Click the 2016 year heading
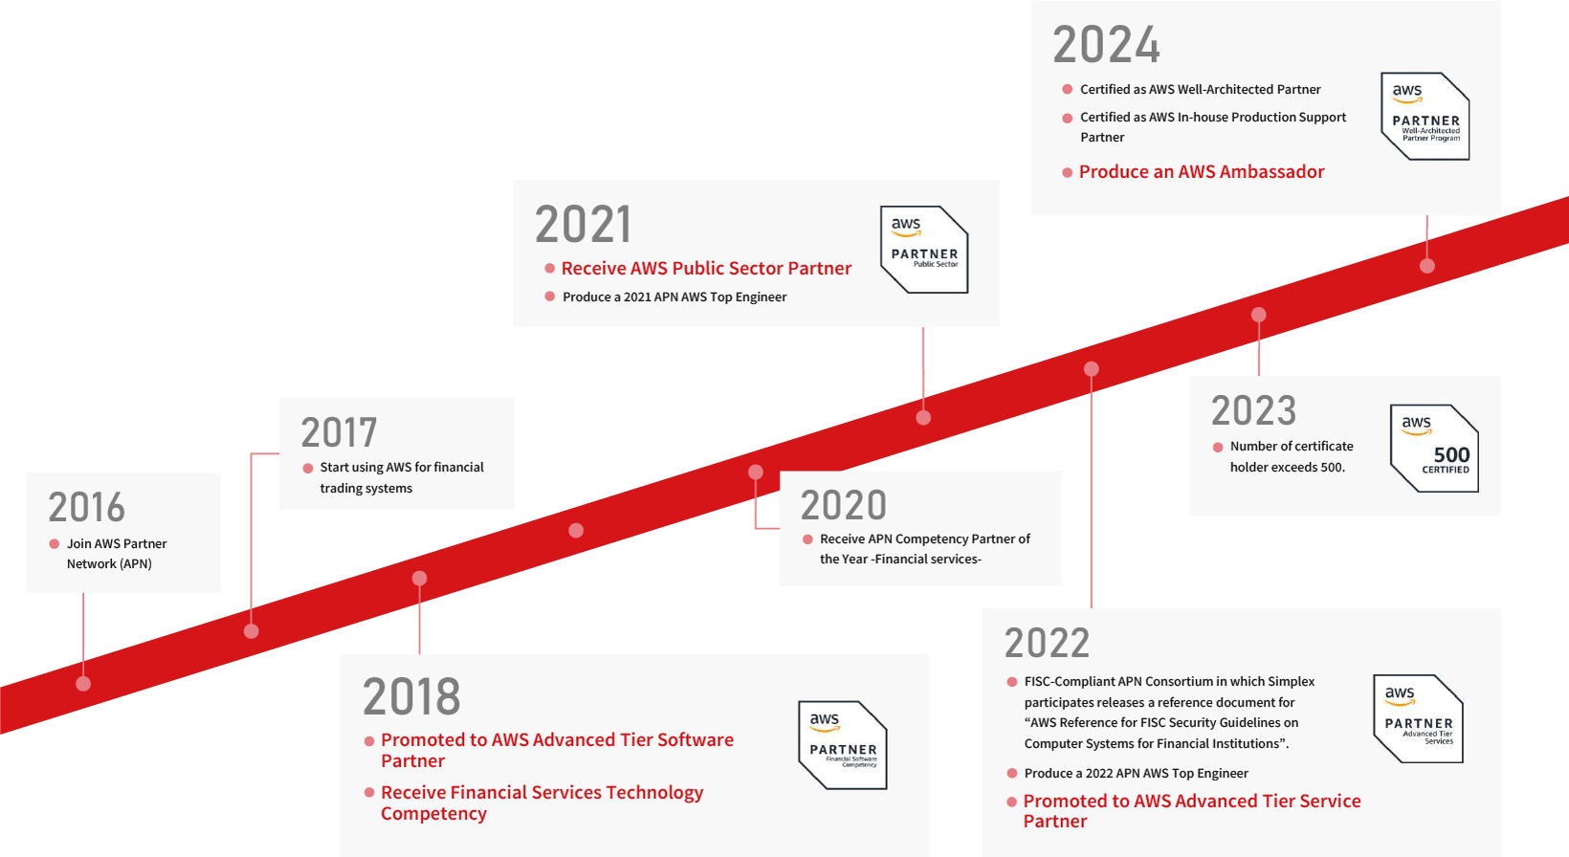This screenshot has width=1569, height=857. (x=86, y=507)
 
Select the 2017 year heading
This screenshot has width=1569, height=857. (x=339, y=432)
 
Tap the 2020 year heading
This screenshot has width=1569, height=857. (x=844, y=505)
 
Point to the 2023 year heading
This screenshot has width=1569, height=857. (x=1254, y=410)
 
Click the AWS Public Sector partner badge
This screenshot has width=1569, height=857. (x=924, y=250)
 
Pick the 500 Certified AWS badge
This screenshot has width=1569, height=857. (x=1434, y=448)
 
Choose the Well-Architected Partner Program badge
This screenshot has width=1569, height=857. (x=1425, y=117)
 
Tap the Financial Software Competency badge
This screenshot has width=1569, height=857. (x=843, y=745)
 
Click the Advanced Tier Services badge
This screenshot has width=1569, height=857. (x=1418, y=718)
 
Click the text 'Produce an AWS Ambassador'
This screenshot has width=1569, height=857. (x=1202, y=171)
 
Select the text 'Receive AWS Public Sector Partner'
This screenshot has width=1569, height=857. (x=706, y=268)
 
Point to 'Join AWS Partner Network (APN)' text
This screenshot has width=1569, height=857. (x=117, y=553)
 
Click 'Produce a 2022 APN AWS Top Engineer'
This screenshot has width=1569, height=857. (x=1137, y=773)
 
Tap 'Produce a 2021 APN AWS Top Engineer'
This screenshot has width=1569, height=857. (x=674, y=297)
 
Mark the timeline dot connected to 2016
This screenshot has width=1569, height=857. (x=83, y=684)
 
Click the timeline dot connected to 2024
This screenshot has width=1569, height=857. (x=1426, y=266)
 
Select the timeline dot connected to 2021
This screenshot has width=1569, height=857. (x=923, y=418)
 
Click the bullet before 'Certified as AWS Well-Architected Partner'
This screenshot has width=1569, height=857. (x=1067, y=90)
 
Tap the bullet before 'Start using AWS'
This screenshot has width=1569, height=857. (x=307, y=469)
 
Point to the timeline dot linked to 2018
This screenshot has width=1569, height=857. (x=420, y=579)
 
